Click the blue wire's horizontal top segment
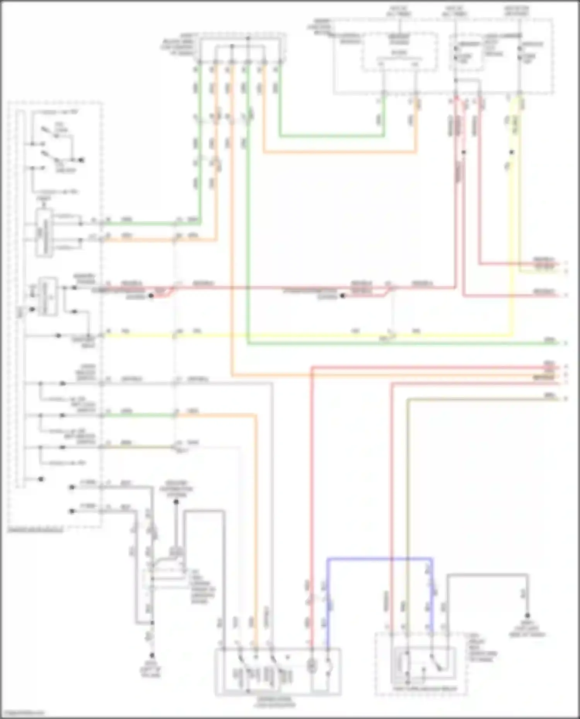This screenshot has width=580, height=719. [379, 558]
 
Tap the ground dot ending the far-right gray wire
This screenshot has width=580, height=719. [527, 616]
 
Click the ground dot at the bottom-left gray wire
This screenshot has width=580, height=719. [152, 656]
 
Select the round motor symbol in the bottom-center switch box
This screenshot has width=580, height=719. [311, 666]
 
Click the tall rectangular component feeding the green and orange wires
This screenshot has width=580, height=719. [44, 233]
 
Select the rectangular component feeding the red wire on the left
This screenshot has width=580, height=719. [48, 296]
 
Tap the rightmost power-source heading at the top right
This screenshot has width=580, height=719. [517, 11]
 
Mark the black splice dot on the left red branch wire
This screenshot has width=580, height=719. [152, 296]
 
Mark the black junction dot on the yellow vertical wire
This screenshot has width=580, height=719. [512, 152]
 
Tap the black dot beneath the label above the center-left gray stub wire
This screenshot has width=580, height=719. [176, 502]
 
